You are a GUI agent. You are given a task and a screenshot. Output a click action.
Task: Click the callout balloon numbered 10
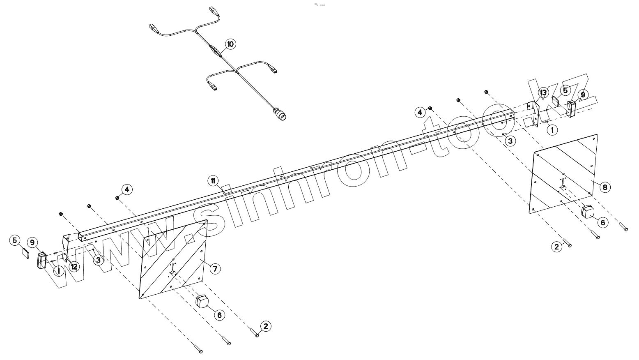(x=230, y=44)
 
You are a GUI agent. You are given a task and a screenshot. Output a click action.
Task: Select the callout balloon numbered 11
(x=213, y=180)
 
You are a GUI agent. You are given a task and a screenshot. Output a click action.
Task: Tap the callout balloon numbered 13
(x=543, y=92)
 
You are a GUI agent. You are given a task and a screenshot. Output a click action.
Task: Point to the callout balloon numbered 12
(x=74, y=267)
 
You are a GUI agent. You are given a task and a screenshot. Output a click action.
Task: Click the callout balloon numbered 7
(x=214, y=269)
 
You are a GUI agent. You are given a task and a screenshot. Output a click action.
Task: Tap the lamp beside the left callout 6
(x=202, y=302)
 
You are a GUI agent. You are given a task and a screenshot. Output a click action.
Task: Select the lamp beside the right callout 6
(x=588, y=212)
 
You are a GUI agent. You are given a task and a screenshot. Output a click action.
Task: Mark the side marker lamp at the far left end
(x=41, y=261)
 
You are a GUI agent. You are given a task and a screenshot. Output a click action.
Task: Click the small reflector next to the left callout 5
(x=24, y=252)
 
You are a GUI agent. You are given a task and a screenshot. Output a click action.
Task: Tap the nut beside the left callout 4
(x=117, y=198)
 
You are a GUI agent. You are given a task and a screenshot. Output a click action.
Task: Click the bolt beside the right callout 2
(x=567, y=243)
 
